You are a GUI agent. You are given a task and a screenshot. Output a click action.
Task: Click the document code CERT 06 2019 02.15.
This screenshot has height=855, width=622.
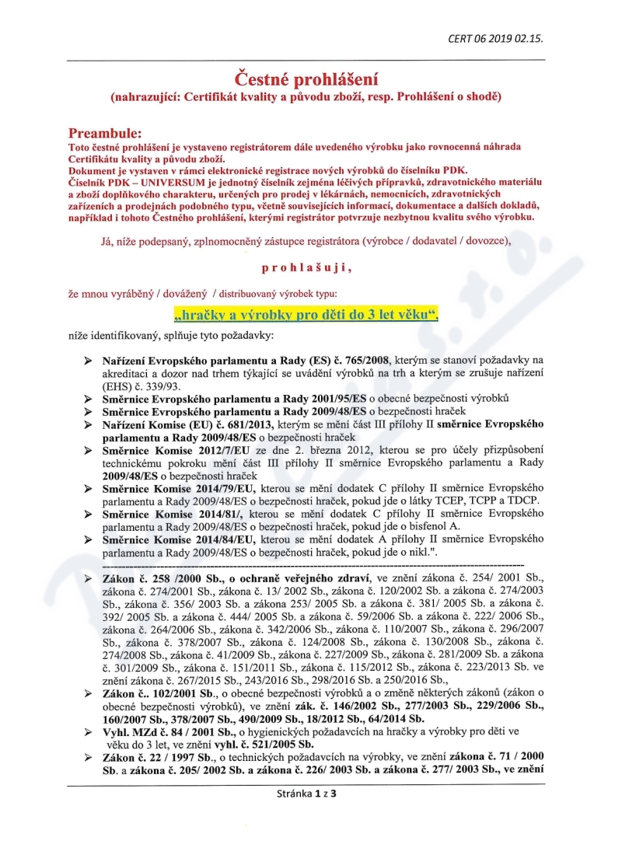(496, 37)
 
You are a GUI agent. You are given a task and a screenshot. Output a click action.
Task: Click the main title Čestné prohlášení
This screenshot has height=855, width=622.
(307, 79)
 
